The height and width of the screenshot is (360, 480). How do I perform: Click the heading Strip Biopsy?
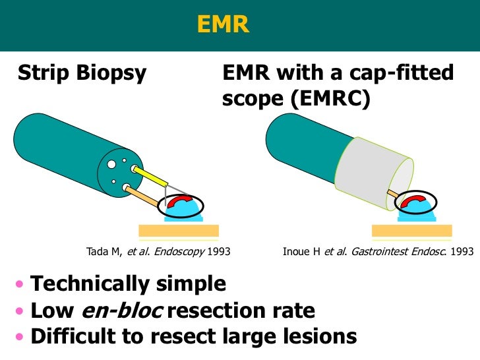tap(82, 73)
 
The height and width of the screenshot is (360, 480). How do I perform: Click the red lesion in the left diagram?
tap(179, 202)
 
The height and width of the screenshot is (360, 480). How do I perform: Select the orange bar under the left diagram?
tap(179, 230)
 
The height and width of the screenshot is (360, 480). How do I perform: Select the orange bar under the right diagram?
tap(412, 230)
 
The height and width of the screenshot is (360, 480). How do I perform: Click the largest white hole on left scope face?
tap(112, 164)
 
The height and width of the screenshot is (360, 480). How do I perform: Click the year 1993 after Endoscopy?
tap(220, 252)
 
